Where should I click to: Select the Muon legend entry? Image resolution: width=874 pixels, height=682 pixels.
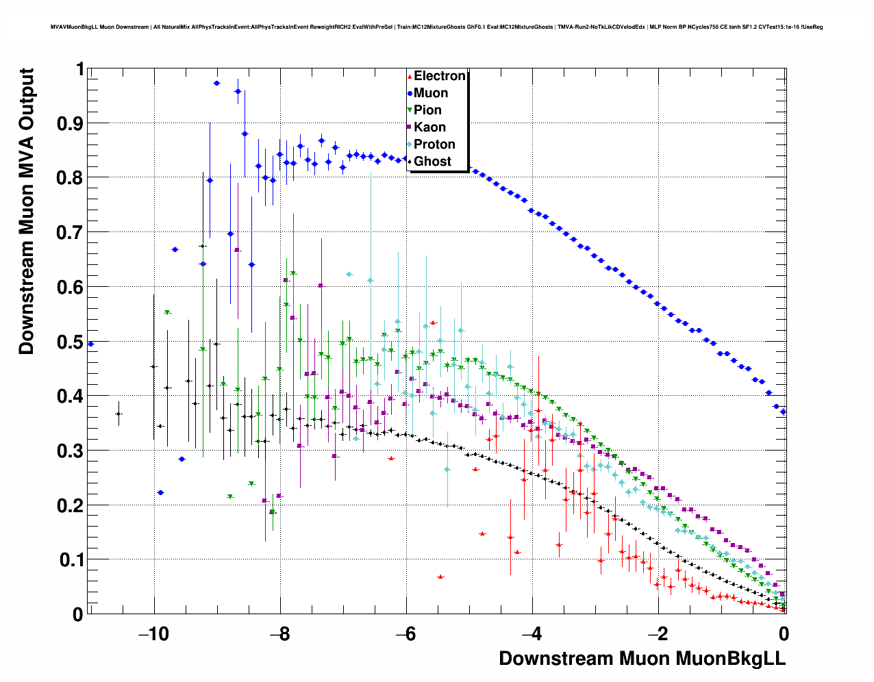pos(430,93)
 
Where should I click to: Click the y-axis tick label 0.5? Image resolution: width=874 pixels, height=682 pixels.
pos(71,342)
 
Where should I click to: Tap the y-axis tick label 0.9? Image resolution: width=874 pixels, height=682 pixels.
pos(71,123)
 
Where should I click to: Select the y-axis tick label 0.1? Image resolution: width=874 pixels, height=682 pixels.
pos(71,560)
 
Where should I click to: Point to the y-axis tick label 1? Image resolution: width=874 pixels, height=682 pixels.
pos(80,69)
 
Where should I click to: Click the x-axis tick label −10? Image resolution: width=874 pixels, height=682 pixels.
pos(153,633)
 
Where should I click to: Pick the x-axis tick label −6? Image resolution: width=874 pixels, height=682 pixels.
pos(405,633)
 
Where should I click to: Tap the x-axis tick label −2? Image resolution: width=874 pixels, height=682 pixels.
pos(658,633)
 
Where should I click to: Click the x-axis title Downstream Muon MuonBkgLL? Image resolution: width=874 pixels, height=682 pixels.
pos(642,659)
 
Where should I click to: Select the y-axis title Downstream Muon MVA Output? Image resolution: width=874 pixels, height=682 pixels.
pos(26,211)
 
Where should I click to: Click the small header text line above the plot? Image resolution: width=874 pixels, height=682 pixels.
pos(436,27)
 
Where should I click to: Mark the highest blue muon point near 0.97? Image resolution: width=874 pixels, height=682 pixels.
pos(216,83)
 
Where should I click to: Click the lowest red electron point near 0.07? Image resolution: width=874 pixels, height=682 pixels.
pos(440,577)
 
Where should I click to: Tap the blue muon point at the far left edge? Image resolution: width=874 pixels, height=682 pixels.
pos(90,344)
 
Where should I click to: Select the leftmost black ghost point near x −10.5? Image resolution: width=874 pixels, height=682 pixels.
pos(118,414)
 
